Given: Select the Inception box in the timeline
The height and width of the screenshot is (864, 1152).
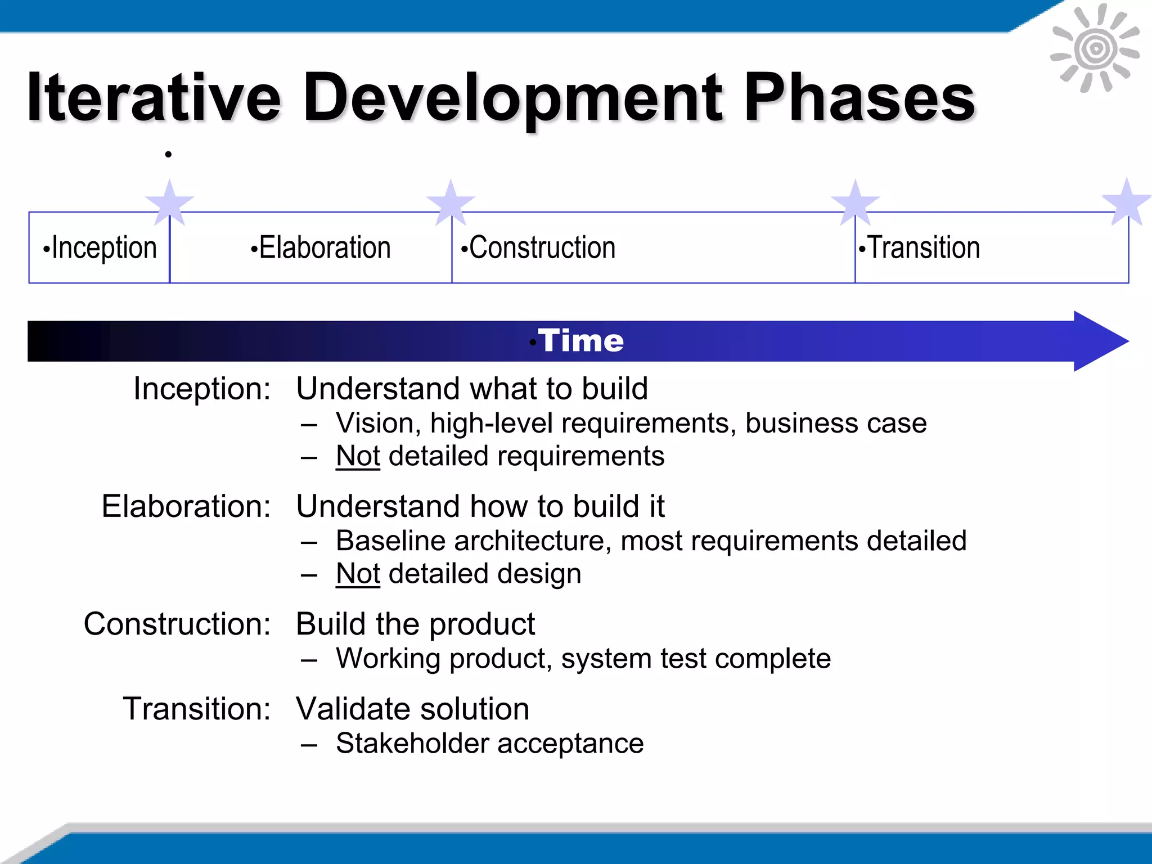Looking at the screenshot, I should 100,248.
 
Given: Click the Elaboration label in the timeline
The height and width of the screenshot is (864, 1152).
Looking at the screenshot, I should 321,248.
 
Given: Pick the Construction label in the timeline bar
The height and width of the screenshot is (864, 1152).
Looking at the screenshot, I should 538,248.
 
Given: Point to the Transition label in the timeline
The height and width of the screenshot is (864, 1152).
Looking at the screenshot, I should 920,248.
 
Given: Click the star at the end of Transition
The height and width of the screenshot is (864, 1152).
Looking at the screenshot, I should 1126,201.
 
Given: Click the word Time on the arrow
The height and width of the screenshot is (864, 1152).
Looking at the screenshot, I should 580,341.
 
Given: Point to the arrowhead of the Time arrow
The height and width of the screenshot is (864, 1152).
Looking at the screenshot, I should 1100,341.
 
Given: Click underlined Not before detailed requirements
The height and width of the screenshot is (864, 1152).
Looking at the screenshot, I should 358,456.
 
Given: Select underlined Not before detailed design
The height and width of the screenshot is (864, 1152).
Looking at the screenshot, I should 358,574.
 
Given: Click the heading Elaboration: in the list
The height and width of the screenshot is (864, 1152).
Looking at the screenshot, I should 186,506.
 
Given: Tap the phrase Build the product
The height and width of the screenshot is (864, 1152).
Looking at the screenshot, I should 415,624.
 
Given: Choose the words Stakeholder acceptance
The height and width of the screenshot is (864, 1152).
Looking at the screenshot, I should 489,744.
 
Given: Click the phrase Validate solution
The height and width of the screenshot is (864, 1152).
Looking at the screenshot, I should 412,709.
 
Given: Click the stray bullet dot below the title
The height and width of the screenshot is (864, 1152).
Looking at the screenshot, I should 168,154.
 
